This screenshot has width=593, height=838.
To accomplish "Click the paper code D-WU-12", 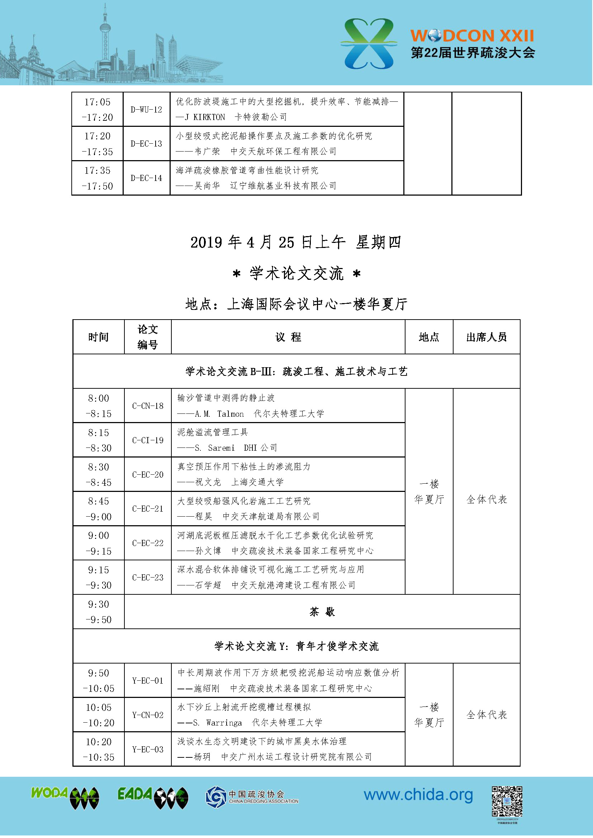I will pos(146,110).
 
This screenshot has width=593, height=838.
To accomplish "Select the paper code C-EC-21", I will pos(148,509).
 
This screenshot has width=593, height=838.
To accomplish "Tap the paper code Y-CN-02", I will pos(148,715).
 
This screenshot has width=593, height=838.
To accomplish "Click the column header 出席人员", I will pos(487,337).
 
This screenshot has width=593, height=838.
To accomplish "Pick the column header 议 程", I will pos(288,337).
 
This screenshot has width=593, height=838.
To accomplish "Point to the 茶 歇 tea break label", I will pos(322,612).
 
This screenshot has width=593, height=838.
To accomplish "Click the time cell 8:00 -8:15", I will pos(99,406).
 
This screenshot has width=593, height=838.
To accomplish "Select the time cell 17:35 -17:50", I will pos(98,178).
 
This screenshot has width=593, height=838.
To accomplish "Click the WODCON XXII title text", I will pos(472,36).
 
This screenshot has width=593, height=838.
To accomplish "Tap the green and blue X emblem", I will pos(369,44).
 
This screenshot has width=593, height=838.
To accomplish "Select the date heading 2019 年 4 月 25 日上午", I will pos(268,242).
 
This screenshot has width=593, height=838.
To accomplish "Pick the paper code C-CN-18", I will pos(148,406).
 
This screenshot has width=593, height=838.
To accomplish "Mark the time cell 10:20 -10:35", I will pos(99,750).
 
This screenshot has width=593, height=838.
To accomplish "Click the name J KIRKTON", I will pos(205,117).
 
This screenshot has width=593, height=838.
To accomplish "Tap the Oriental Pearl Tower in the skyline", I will pos(105,40).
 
